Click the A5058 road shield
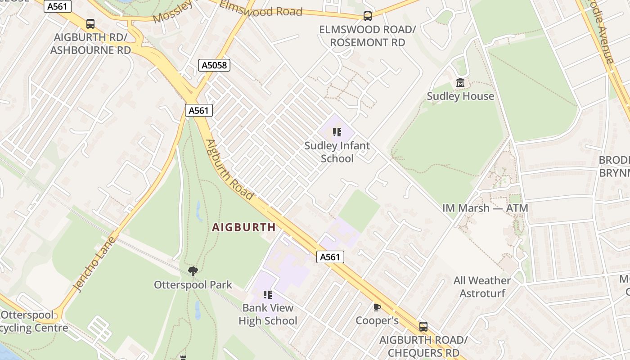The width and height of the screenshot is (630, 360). tap(214, 65)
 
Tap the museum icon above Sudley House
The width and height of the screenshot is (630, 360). tap(460, 83)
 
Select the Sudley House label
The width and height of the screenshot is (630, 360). tap(460, 96)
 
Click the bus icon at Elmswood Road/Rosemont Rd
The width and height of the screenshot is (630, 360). tap(368, 16)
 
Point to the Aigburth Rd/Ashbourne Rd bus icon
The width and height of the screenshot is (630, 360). tap(90, 24)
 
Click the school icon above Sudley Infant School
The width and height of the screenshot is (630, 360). tap(337, 132)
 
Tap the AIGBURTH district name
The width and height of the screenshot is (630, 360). tap(244, 227)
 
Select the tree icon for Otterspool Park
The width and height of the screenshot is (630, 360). tap(193, 271)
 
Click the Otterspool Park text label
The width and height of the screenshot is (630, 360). tap(193, 285)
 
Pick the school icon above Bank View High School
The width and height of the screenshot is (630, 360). tap(268, 295)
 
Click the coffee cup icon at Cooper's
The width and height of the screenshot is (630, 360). tap(377, 307)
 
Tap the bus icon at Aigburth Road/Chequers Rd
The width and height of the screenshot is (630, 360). tap(423, 327)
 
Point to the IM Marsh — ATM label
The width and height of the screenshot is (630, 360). tap(485, 208)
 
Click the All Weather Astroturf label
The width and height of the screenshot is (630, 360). tap(482, 287)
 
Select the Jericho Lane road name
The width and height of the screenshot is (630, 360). tap(95, 264)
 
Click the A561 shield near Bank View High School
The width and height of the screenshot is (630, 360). tap(330, 257)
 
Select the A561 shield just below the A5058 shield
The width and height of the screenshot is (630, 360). tap(198, 110)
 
